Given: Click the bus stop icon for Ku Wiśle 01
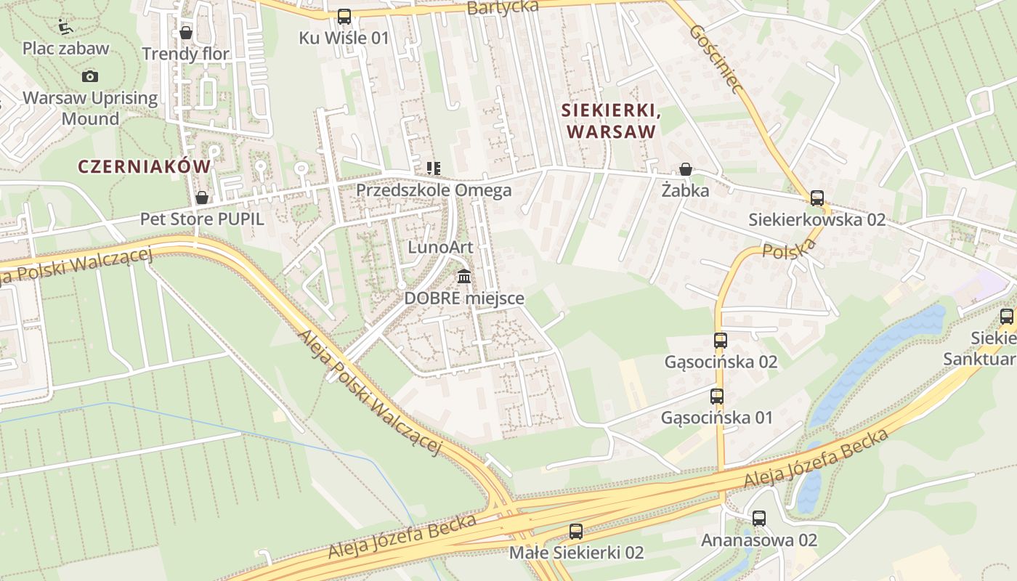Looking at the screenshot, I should [x=344, y=16].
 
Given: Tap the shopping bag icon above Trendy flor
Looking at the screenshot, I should [x=186, y=33].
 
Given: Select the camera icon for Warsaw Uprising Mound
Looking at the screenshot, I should [x=90, y=76].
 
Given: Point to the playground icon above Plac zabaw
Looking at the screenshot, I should [x=65, y=27].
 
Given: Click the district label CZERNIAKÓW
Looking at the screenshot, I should [x=144, y=166].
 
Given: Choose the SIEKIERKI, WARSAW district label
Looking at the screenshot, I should [x=610, y=121].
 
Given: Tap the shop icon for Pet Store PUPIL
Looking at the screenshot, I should [x=202, y=198].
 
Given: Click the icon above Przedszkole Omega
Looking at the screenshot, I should [x=434, y=168].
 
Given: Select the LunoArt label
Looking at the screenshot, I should [x=440, y=247].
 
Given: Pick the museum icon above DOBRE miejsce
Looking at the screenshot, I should [x=464, y=277].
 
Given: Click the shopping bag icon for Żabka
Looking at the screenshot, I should [x=685, y=170].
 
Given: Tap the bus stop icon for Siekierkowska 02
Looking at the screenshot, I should [x=817, y=198].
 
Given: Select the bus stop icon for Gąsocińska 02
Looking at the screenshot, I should [x=721, y=340].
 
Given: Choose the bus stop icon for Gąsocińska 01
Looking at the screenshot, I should [x=717, y=396].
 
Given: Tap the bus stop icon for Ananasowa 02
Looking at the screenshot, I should [x=759, y=519].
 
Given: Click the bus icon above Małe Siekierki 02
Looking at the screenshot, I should [x=576, y=531].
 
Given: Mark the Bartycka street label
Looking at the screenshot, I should [x=503, y=7].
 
